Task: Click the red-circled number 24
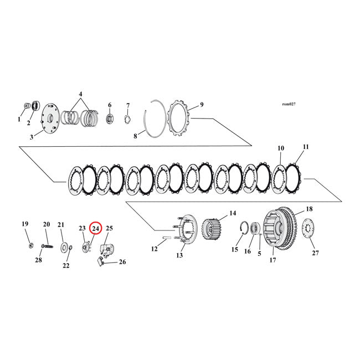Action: tap(95, 228)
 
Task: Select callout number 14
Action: tap(232, 213)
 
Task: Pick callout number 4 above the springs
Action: tap(81, 94)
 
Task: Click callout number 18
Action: tap(308, 209)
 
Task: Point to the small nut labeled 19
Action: tap(29, 244)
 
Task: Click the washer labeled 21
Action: tap(65, 246)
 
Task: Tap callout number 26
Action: tap(122, 262)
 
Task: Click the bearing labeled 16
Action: tap(256, 228)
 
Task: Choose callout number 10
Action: tap(281, 148)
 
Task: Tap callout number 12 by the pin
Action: tap(155, 249)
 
